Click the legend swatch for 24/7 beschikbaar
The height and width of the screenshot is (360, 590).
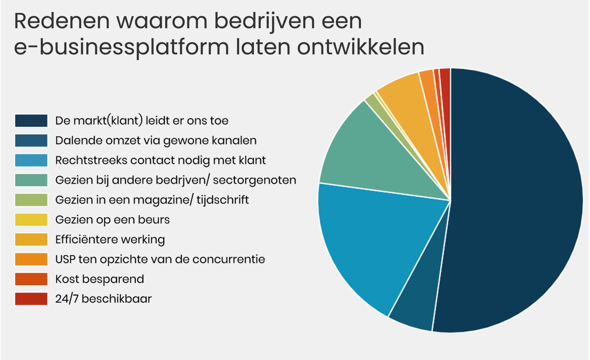pos(31,299)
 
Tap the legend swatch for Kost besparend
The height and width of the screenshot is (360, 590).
pos(31,279)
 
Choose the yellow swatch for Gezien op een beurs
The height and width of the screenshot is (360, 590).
pos(31,220)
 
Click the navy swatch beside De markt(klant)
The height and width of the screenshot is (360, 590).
pos(31,121)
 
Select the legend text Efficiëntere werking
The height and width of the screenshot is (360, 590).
pos(110,240)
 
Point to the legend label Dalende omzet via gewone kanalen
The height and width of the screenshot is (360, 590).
pos(156,141)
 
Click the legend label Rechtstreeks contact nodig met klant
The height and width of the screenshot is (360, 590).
pos(160,160)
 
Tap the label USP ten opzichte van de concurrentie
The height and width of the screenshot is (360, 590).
pos(160,259)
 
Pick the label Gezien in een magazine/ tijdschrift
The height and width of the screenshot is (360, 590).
pos(152,200)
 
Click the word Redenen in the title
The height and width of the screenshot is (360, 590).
pos(62,21)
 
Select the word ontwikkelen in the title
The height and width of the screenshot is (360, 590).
pos(361,47)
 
